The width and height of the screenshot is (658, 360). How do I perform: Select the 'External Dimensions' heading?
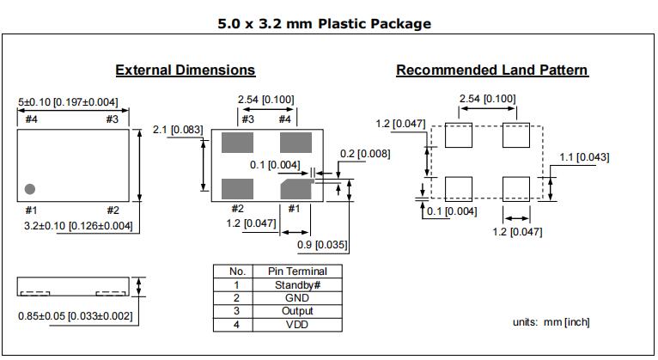pyautogui.click(x=186, y=70)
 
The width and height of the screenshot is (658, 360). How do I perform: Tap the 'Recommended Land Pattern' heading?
pyautogui.click(x=492, y=70)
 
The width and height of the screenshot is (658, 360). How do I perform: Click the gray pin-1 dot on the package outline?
pyautogui.click(x=29, y=188)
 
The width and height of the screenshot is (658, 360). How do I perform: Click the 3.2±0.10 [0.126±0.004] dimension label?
pyautogui.click(x=78, y=226)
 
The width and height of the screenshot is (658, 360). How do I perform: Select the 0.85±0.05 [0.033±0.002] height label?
pyautogui.click(x=76, y=316)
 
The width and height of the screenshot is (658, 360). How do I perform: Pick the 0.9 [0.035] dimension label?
pyautogui.click(x=323, y=245)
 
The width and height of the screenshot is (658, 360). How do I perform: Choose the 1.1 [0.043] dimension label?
pyautogui.click(x=583, y=156)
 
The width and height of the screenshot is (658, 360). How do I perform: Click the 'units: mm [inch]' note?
pyautogui.click(x=551, y=322)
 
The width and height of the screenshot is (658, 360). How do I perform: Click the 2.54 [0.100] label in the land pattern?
pyautogui.click(x=487, y=99)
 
